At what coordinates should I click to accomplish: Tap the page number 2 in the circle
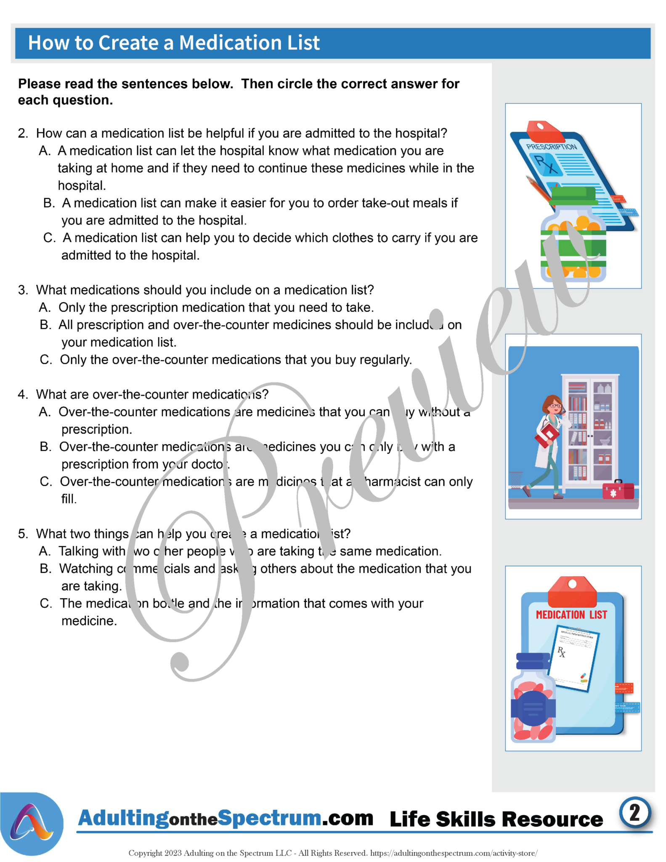point(634,813)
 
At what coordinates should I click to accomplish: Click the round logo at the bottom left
point(32,824)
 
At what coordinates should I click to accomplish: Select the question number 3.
point(23,290)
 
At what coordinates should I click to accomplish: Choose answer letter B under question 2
point(49,203)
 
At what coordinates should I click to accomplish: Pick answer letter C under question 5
point(45,604)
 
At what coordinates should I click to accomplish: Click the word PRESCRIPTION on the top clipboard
point(552,147)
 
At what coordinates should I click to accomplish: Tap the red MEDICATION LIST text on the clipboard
point(571,615)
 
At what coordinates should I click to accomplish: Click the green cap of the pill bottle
point(573,196)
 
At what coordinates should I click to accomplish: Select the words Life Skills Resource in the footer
point(496,819)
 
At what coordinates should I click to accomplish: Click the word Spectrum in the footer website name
point(270,818)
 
